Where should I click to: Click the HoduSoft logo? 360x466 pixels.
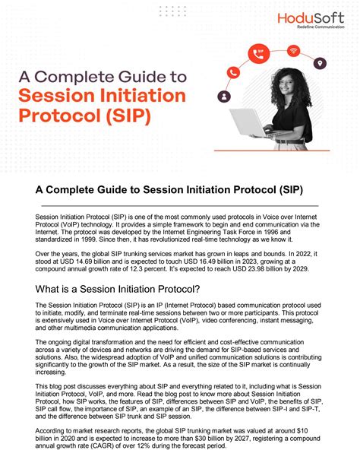pyautogui.click(x=311, y=21)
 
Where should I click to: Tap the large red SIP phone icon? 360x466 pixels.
pyautogui.click(x=259, y=53)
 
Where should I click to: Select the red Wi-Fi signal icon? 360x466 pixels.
pyautogui.click(x=293, y=50)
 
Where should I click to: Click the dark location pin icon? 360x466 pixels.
pyautogui.click(x=320, y=63)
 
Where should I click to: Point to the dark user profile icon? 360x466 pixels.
pyautogui.click(x=224, y=97)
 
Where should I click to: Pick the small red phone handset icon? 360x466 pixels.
pyautogui.click(x=233, y=72)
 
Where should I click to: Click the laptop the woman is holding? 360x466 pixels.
pyautogui.click(x=251, y=122)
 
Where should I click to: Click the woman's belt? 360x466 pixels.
pyautogui.click(x=290, y=141)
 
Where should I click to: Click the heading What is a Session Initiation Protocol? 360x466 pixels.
pyautogui.click(x=118, y=289)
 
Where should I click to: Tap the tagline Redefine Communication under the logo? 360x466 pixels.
pyautogui.click(x=321, y=27)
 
